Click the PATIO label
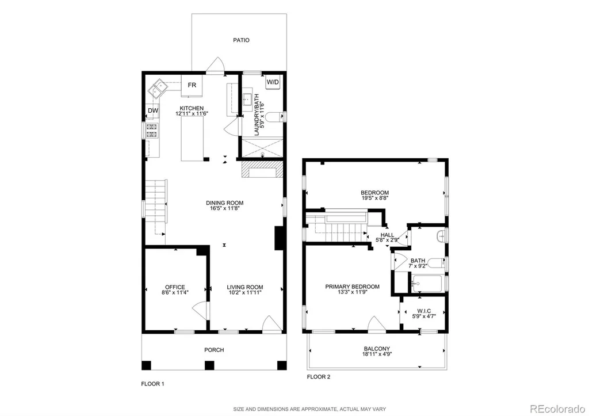point(241,40)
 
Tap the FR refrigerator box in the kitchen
point(192,86)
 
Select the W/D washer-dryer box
point(273,82)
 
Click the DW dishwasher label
point(153,110)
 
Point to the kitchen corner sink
point(158,89)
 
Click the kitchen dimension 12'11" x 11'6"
point(192,113)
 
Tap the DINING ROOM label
point(225,203)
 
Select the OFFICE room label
point(175,287)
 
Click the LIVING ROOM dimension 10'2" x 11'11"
point(244,292)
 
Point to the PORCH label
point(214,350)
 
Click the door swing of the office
point(200,310)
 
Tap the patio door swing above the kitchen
point(216,64)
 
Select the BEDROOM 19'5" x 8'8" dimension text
point(375,198)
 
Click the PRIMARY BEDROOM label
point(353,287)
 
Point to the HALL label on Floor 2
point(387,235)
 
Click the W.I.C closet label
point(424,311)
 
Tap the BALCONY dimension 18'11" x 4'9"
point(377,354)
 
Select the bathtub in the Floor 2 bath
point(427,284)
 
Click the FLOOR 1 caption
point(152,384)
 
